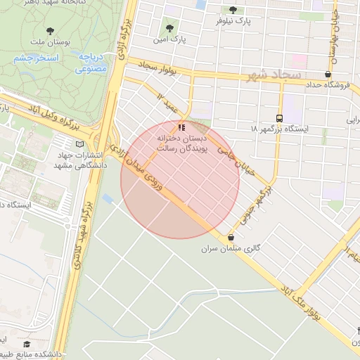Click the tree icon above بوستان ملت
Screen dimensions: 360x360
pyautogui.click(x=51, y=30)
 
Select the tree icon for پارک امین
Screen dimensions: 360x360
pyautogui.click(x=169, y=28)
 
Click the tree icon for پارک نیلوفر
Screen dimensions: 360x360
pyautogui.click(x=233, y=10)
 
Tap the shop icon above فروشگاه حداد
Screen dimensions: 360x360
pyautogui.click(x=328, y=74)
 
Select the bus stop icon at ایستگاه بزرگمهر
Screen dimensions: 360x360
pyautogui.click(x=280, y=118)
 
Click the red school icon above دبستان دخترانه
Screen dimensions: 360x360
pyautogui.click(x=182, y=127)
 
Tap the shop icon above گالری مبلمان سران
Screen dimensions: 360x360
pyautogui.click(x=231, y=238)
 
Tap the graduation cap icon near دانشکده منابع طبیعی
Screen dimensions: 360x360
pyautogui.click(x=27, y=344)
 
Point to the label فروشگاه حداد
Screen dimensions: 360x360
pyautogui.click(x=328, y=85)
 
